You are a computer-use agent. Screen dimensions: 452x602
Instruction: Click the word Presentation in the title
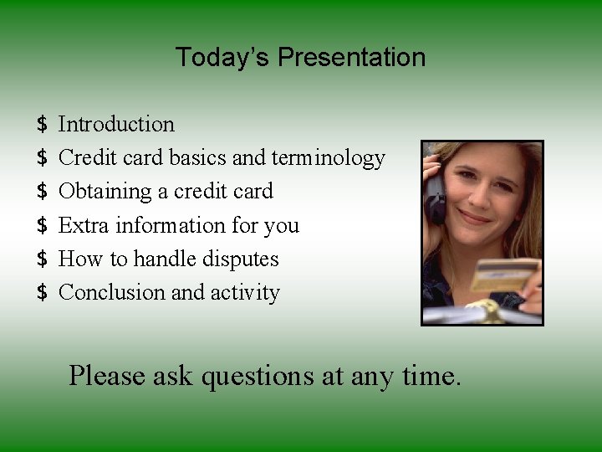[x=351, y=58]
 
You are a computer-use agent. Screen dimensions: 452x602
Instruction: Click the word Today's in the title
[x=223, y=58]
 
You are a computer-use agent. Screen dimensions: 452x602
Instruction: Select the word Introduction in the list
[x=116, y=125]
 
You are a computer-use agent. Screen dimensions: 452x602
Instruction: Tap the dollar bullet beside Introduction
[x=43, y=125]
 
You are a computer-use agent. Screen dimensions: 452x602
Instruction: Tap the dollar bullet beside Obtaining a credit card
[x=43, y=192]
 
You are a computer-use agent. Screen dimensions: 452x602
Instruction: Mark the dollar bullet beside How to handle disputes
[x=43, y=259]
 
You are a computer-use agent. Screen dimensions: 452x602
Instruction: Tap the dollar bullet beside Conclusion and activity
[x=43, y=292]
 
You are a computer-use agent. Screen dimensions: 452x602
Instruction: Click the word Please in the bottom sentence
[x=108, y=376]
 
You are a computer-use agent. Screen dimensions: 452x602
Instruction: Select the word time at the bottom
[x=430, y=376]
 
